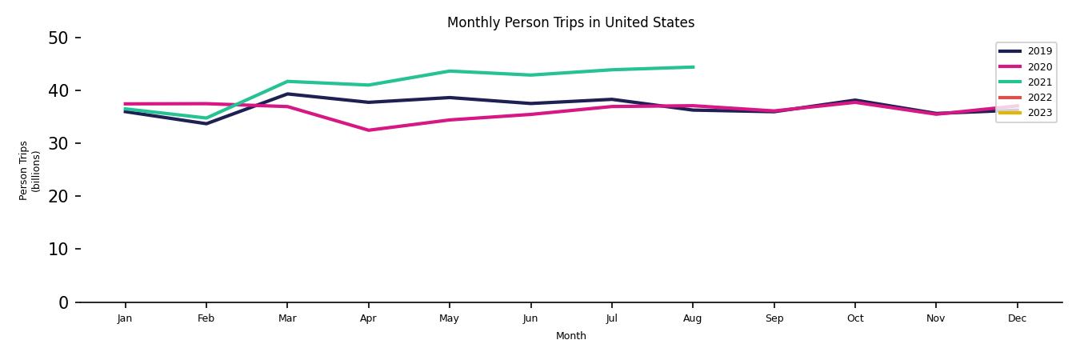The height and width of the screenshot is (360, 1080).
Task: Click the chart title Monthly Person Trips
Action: pos(570,22)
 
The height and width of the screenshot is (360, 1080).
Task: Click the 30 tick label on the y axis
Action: pos(58,143)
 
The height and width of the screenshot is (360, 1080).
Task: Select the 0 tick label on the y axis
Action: pos(64,302)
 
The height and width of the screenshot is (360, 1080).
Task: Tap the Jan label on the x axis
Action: pos(125,318)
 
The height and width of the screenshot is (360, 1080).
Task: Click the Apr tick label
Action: pos(368,318)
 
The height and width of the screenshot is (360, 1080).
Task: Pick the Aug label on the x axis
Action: pos(693,318)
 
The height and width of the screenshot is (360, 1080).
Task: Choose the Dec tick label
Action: pos(1017,318)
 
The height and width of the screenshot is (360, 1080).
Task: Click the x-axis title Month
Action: pos(571,336)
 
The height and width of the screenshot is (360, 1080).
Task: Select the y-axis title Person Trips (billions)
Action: pos(30,170)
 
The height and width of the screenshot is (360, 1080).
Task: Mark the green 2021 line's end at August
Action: pos(693,67)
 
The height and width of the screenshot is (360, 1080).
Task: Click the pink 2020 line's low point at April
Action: pos(368,130)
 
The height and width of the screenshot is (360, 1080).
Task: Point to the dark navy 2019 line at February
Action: pos(206,123)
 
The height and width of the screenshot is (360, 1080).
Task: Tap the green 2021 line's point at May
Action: pos(450,71)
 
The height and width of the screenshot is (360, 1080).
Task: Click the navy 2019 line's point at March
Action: pos(287,94)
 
